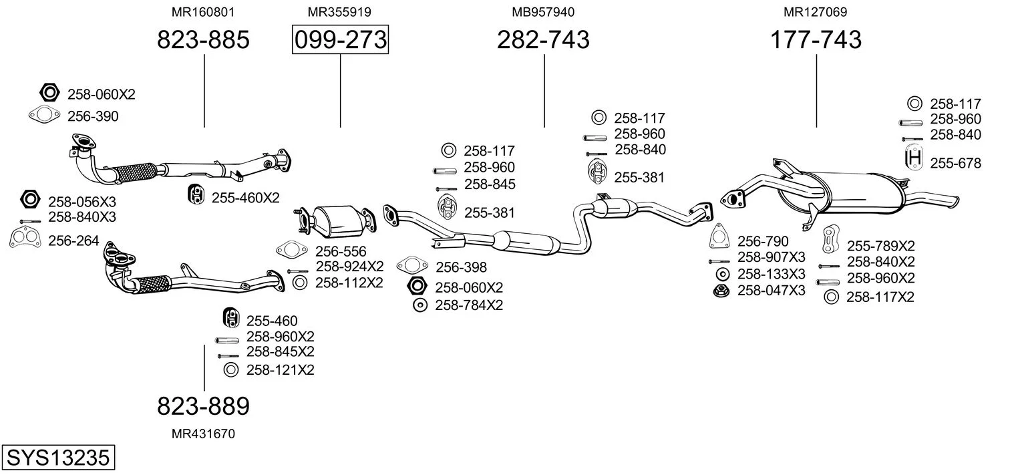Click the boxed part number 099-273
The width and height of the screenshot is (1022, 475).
click(340, 40)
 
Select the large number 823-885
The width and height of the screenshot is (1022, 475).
click(203, 40)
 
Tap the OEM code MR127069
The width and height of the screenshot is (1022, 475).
click(816, 12)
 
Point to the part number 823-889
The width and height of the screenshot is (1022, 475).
click(203, 406)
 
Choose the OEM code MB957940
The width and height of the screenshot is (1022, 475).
click(543, 12)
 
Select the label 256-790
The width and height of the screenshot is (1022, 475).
click(762, 241)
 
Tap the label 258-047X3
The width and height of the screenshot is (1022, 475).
click(771, 291)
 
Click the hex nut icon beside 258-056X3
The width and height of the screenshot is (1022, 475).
click(29, 200)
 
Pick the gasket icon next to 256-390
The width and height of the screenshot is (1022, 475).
click(44, 116)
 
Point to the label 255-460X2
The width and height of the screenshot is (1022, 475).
click(245, 197)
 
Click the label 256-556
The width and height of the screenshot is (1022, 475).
click(341, 251)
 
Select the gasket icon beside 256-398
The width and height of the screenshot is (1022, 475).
click(412, 266)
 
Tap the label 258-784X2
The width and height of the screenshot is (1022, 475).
click(468, 305)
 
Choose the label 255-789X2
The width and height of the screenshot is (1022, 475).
click(880, 245)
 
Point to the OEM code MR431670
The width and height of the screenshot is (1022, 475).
click(203, 434)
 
